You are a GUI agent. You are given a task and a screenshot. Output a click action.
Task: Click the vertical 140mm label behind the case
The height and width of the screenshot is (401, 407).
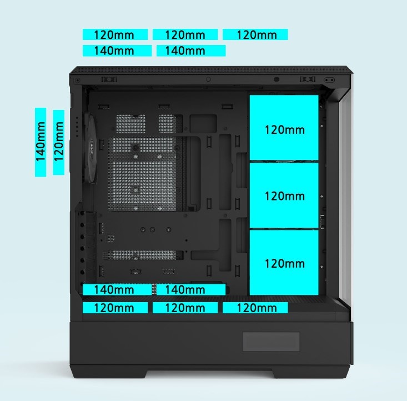(x=41, y=142)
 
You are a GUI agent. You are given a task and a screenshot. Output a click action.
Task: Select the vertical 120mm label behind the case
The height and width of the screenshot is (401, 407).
(x=59, y=142)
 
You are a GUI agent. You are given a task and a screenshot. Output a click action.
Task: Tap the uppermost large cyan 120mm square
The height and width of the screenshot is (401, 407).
(x=284, y=128)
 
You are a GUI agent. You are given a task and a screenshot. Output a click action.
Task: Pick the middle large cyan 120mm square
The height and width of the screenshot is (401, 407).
(x=284, y=196)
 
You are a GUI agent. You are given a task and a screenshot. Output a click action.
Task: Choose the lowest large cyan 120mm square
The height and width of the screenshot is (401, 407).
(x=284, y=263)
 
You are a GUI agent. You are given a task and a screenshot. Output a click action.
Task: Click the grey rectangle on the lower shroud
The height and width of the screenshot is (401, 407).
(x=271, y=342)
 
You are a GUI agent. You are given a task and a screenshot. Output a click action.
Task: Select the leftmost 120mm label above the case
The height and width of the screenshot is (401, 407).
(x=115, y=34)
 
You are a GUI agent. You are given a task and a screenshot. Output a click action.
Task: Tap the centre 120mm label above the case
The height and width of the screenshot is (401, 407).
(x=185, y=34)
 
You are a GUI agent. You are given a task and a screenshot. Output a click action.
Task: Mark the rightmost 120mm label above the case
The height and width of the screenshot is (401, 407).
(x=255, y=34)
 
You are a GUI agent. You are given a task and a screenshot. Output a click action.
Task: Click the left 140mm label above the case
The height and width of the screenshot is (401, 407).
(x=117, y=51)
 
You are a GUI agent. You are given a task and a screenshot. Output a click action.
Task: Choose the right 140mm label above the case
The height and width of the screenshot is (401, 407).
(x=191, y=51)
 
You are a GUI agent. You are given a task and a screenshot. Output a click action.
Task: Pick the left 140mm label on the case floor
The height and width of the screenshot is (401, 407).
(x=117, y=289)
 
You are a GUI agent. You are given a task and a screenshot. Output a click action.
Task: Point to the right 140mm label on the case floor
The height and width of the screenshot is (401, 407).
(x=191, y=289)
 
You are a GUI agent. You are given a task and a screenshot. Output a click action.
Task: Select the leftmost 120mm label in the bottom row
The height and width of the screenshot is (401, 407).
(x=115, y=308)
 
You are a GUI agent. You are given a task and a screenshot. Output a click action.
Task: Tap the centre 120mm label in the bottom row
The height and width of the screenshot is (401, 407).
(x=185, y=308)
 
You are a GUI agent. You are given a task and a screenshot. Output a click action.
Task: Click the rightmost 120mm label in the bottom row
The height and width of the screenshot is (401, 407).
(x=255, y=308)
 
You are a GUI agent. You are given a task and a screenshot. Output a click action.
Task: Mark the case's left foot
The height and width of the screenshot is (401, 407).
(x=109, y=373)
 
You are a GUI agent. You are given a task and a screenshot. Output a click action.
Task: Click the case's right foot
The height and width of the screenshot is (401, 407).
(x=311, y=373)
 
